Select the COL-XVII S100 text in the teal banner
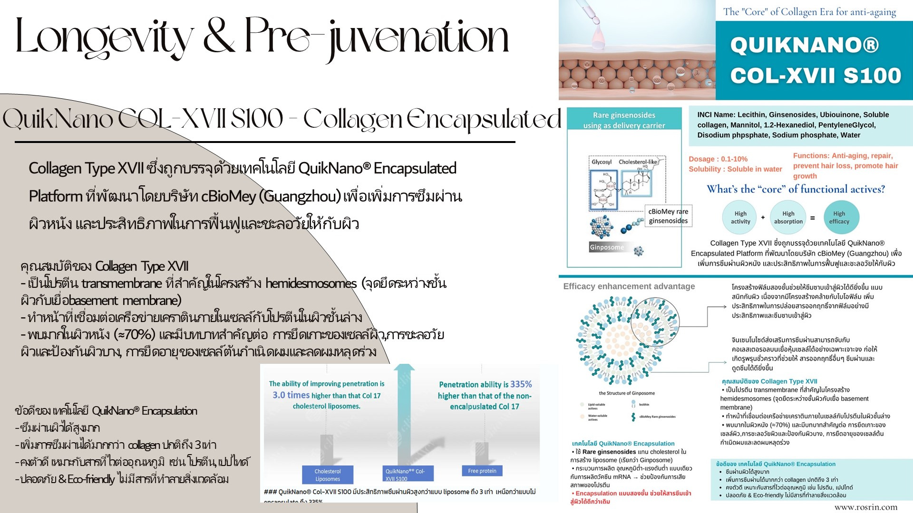point(816,76)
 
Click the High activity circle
point(740,218)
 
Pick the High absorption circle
point(788,218)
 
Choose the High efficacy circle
point(839,218)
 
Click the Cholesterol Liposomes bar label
point(328,475)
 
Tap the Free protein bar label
point(482,471)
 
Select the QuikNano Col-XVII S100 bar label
point(405,475)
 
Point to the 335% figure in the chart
point(521,384)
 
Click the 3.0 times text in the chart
point(291,395)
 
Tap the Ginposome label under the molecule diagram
point(606,247)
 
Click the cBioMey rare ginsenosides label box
point(668,216)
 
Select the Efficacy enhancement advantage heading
point(629,286)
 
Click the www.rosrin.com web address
point(865,507)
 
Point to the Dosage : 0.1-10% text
point(718,159)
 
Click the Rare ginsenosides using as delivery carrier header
point(624,120)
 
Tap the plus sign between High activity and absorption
point(763,218)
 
